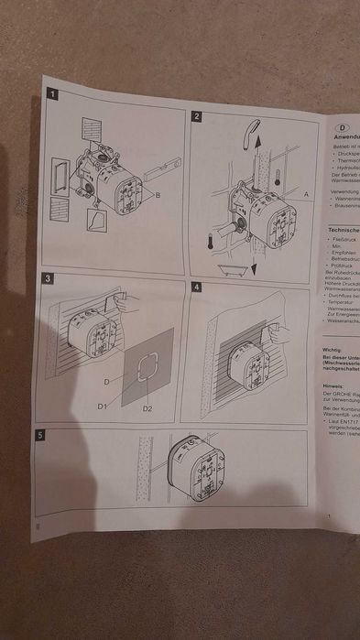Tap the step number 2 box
tap(197, 116)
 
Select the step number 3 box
tap(49, 277)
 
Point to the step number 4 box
tap(196, 286)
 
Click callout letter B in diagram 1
tap(158, 196)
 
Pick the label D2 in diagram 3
tap(147, 407)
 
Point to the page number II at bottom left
tap(38, 526)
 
